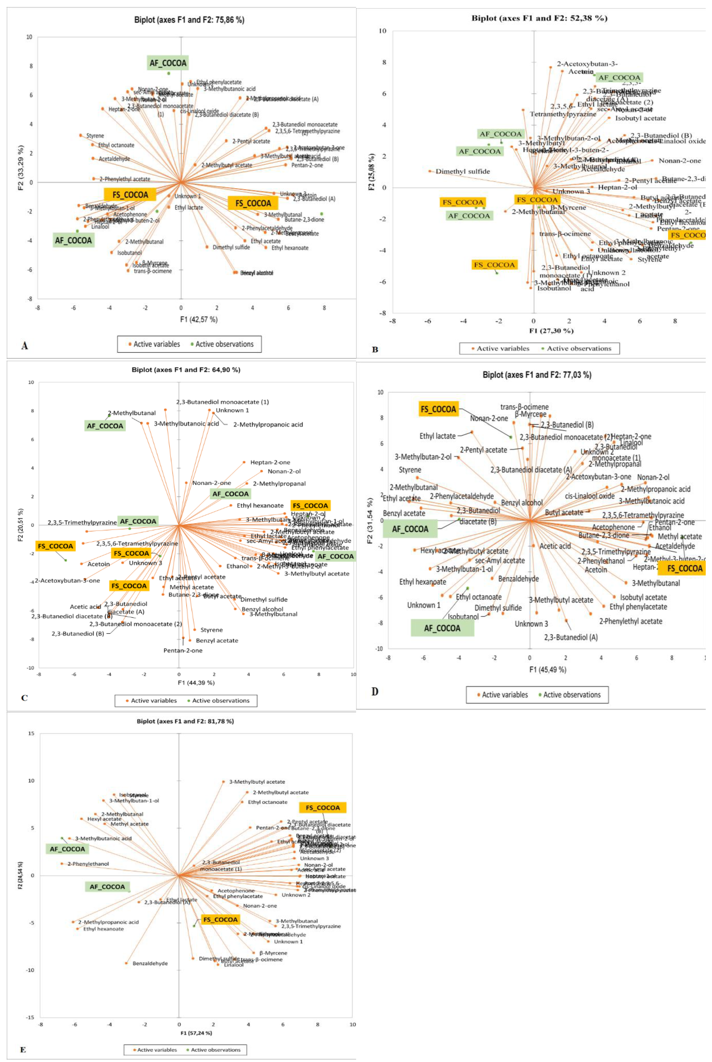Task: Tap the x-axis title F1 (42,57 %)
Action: pyautogui.click(x=199, y=320)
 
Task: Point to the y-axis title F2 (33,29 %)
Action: pyautogui.click(x=21, y=168)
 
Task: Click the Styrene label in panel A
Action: pyautogui.click(x=95, y=136)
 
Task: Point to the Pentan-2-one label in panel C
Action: pyautogui.click(x=183, y=650)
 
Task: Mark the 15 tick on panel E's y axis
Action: pyautogui.click(x=31, y=734)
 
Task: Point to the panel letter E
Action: pyautogui.click(x=23, y=1050)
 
